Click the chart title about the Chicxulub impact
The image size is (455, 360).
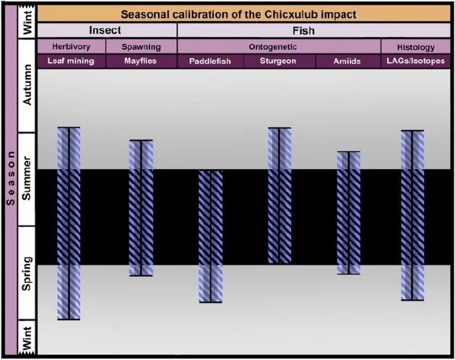tap(238, 14)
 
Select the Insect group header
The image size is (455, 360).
tap(105, 30)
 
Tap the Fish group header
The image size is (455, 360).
tap(303, 30)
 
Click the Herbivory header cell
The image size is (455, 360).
tap(71, 47)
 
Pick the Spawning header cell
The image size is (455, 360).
tap(141, 47)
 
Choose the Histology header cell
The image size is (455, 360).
tap(415, 48)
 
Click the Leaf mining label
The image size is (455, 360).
tap(71, 61)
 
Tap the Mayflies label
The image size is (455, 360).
tap(140, 61)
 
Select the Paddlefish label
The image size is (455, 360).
tap(210, 61)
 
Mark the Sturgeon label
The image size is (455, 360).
tap(278, 61)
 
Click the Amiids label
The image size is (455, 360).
tap(347, 61)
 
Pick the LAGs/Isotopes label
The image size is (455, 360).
tap(415, 61)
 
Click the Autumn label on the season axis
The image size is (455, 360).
tap(27, 85)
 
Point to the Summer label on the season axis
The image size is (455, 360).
tap(27, 179)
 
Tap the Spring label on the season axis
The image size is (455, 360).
tap(27, 274)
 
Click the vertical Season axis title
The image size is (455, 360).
tap(10, 178)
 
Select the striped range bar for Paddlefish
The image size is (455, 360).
tap(211, 236)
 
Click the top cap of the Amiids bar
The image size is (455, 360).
tap(349, 152)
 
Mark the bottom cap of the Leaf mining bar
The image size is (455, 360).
tap(69, 320)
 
